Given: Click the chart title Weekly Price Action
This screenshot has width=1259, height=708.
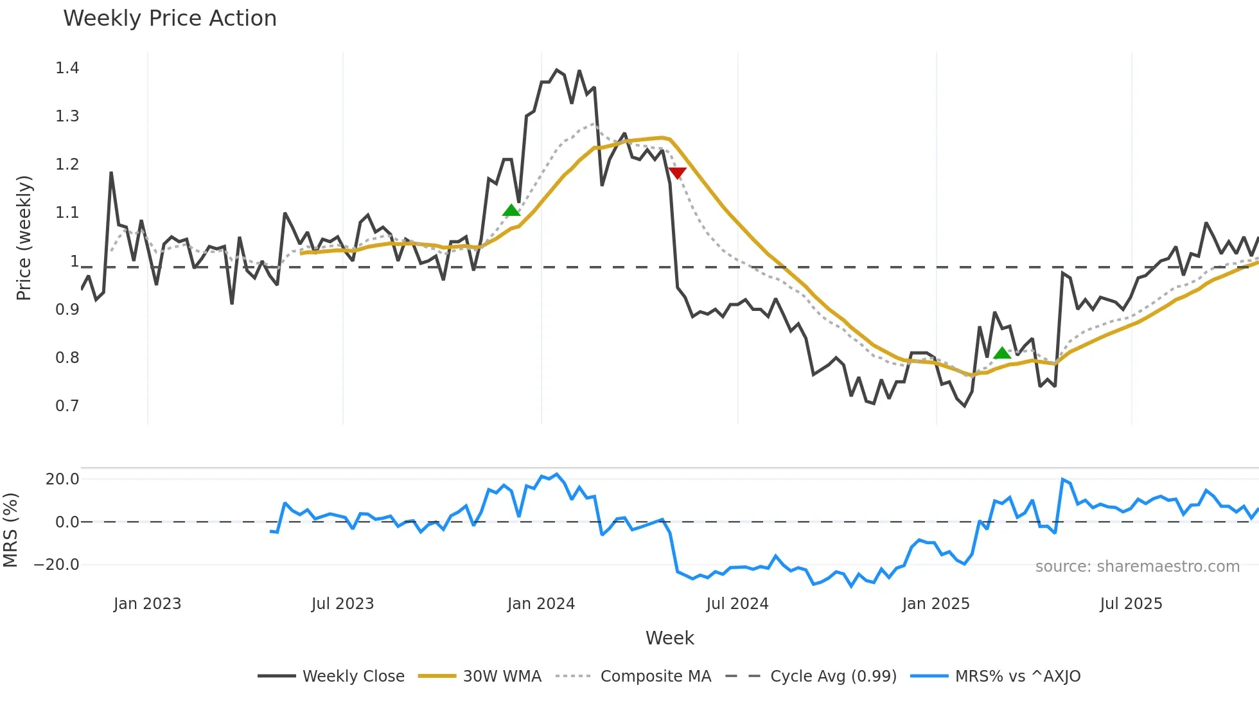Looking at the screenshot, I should click(x=170, y=19).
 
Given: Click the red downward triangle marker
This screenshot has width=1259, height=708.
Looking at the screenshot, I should click(x=677, y=173).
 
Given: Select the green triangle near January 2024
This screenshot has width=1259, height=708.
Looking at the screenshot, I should click(x=511, y=210).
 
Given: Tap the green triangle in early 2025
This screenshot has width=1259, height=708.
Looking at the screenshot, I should click(x=1002, y=353).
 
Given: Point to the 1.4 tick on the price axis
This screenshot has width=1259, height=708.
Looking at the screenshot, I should click(x=67, y=68).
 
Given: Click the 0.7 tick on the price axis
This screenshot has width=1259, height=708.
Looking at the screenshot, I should click(x=67, y=406).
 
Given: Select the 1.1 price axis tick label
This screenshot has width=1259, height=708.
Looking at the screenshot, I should click(x=67, y=213).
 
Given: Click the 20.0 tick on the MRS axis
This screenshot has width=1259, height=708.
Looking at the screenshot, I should click(x=62, y=479).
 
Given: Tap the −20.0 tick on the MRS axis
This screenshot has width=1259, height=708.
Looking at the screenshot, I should click(x=57, y=565).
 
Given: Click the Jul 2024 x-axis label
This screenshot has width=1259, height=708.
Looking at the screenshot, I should click(x=737, y=604).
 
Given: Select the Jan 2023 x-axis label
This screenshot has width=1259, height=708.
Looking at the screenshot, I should click(x=147, y=604).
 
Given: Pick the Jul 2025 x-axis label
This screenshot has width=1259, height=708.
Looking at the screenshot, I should click(x=1131, y=604).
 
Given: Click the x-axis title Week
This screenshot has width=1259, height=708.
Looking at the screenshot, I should click(x=669, y=638).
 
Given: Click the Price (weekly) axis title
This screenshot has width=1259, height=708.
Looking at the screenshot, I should click(x=24, y=238).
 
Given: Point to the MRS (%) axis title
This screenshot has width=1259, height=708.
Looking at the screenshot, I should click(x=10, y=530).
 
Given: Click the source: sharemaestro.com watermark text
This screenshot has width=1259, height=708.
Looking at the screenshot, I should click(x=1137, y=567).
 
